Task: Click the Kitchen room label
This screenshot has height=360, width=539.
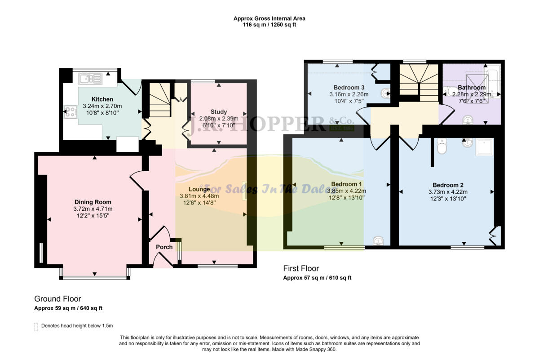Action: [102, 99]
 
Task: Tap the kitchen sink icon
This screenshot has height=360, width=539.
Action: [91, 80]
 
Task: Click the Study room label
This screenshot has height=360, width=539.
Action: [219, 111]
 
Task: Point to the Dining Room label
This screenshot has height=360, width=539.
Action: [93, 202]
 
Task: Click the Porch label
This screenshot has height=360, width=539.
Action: [164, 247]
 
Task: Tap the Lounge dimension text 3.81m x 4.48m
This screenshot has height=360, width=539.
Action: [199, 196]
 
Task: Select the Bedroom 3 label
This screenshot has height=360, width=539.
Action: [349, 87]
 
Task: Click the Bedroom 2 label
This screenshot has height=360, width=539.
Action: [448, 185]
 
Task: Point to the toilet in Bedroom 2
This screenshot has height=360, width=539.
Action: [442, 147]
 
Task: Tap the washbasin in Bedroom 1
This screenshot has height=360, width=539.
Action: [379, 242]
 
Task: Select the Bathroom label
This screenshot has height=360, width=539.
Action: [472, 87]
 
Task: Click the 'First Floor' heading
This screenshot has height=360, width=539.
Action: [301, 268]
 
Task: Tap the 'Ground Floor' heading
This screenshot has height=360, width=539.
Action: [57, 299]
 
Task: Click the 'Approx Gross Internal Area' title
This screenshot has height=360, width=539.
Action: [269, 18]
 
